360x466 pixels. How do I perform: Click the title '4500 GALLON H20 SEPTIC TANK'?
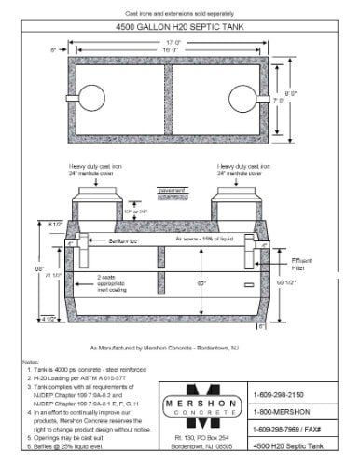point(179,27)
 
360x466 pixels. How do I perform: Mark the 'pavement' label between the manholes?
point(173,190)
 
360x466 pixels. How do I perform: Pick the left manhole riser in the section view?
point(89,203)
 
